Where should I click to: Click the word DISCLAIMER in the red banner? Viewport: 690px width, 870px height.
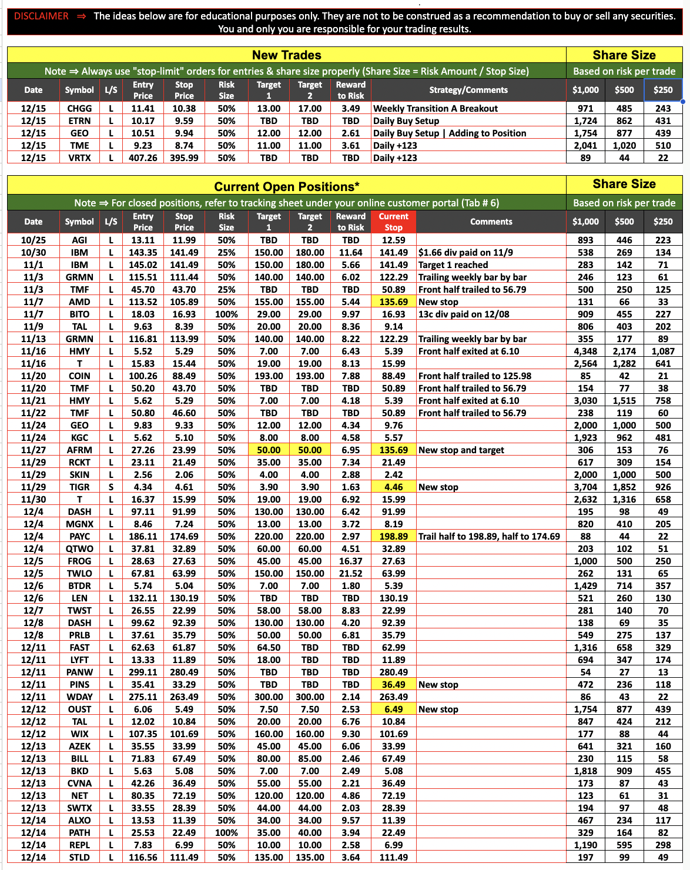(x=41, y=16)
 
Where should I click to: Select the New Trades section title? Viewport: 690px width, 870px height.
(x=286, y=55)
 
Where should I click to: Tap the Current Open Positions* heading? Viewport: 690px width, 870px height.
(x=286, y=187)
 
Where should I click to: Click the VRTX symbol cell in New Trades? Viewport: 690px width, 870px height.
(x=79, y=158)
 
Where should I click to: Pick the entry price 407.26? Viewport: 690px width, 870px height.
(x=143, y=158)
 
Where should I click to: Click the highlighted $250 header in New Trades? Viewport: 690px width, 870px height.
(x=663, y=90)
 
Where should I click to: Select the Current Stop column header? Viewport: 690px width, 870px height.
(x=393, y=222)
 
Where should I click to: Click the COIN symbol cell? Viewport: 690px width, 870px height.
(x=79, y=376)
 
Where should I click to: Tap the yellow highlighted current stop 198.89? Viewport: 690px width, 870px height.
(x=393, y=536)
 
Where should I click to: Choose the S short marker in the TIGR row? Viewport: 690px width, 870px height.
(x=110, y=487)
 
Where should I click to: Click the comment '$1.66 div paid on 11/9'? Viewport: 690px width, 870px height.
(x=465, y=252)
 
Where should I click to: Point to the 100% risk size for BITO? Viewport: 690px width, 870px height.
(x=226, y=314)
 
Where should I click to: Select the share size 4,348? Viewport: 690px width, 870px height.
(x=585, y=351)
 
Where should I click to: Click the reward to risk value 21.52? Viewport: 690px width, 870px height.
(x=351, y=573)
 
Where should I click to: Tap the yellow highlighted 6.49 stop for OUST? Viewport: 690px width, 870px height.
(x=393, y=709)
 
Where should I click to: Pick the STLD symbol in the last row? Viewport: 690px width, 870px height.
(x=79, y=857)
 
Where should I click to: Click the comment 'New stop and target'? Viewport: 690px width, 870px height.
(x=461, y=450)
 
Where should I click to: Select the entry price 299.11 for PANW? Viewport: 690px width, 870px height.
(x=143, y=672)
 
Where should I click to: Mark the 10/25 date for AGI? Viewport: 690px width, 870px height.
(x=33, y=240)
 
